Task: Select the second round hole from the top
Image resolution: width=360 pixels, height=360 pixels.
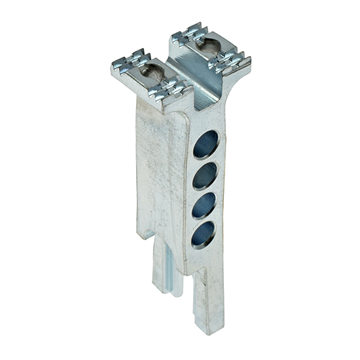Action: pyautogui.click(x=205, y=175)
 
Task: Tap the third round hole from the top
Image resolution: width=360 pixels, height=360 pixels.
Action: pyautogui.click(x=205, y=203)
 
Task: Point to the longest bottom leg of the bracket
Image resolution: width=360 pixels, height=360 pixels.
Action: pyautogui.click(x=204, y=302)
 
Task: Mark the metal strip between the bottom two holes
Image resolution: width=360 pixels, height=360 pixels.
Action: pyautogui.click(x=205, y=218)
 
